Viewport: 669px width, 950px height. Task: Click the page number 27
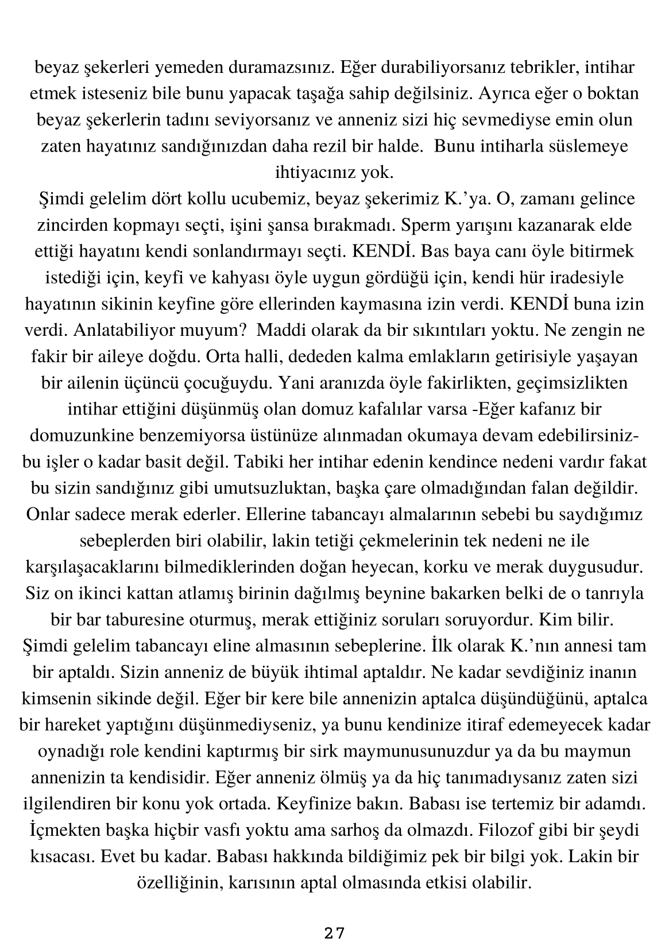tap(334, 933)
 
